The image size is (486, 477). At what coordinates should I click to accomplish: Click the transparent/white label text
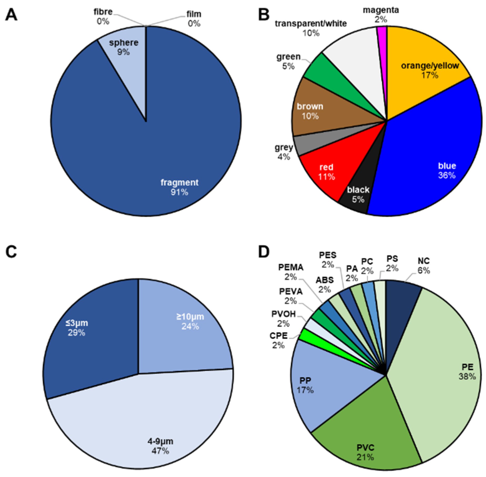311,24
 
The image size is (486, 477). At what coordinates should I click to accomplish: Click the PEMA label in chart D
291,268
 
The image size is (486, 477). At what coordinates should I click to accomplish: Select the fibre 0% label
103,16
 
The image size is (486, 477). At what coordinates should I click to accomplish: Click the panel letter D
264,252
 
